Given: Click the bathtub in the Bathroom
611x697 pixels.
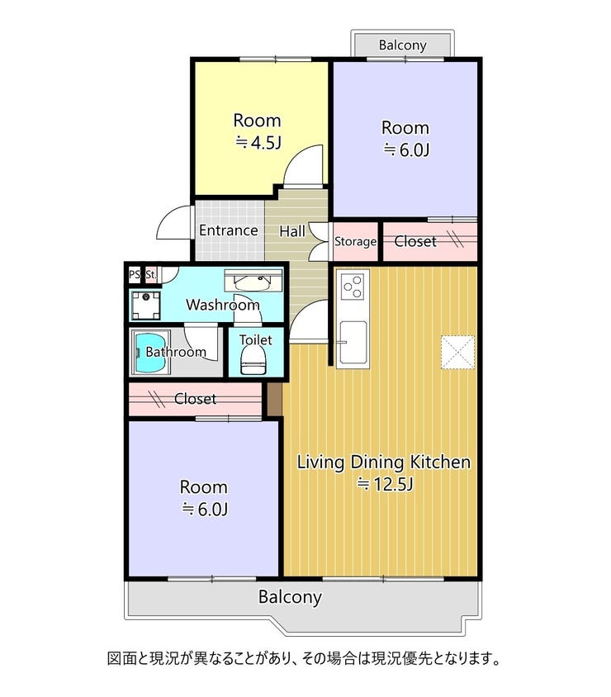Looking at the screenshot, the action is (150, 353).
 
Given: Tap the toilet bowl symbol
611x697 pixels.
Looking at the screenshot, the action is (253, 359).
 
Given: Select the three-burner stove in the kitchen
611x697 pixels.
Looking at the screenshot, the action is (353, 286).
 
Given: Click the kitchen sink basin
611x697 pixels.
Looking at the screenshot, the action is (353, 341).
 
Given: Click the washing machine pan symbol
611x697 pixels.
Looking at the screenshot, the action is (145, 306).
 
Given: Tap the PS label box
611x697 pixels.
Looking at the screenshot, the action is (134, 274).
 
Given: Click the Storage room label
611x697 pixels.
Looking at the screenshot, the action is (355, 241).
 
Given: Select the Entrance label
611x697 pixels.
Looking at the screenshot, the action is (229, 230).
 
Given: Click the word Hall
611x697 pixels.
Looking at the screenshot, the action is (292, 231).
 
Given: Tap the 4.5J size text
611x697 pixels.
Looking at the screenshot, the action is (258, 143).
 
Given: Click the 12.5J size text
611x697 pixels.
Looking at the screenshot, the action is (386, 484).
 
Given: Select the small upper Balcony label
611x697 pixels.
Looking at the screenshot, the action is (403, 45).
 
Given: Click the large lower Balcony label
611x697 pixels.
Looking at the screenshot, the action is (290, 597).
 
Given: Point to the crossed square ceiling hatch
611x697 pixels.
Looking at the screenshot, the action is (457, 352).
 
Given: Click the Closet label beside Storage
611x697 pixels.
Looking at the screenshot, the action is (415, 241).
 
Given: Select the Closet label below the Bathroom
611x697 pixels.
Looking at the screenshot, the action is (195, 399).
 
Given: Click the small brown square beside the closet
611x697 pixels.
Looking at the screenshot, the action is (275, 399).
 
